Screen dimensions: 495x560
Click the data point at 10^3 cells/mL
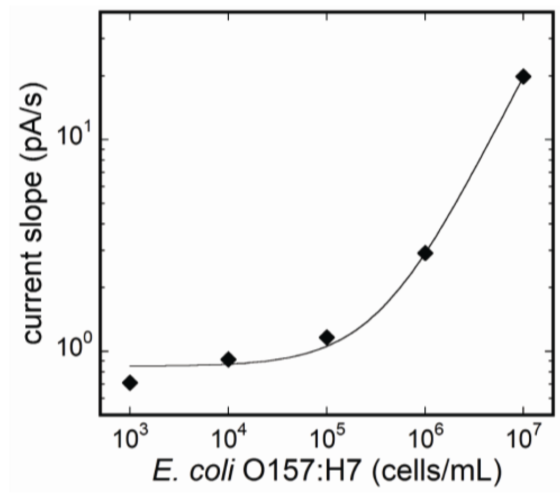[130, 383]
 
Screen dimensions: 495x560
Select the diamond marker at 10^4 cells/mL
[228, 359]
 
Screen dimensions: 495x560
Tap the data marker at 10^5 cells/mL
[327, 338]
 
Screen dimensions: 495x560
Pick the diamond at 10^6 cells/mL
[425, 253]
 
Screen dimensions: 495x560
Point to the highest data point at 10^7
[523, 76]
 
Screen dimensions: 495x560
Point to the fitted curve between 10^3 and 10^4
[178, 365]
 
